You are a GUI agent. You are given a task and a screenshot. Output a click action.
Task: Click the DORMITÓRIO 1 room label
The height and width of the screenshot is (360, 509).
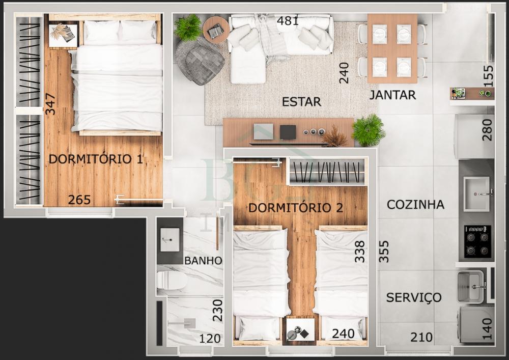click(96, 159)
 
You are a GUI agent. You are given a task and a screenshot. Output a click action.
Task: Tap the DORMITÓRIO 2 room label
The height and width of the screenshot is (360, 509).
click(295, 208)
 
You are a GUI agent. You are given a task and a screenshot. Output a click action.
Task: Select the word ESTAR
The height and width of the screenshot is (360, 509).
click(301, 102)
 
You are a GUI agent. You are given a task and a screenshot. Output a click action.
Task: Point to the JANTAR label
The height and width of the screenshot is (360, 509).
click(393, 95)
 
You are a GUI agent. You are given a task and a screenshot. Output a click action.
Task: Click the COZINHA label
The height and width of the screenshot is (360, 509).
click(415, 205)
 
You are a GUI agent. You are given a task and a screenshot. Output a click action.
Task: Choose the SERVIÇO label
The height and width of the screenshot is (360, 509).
click(414, 297)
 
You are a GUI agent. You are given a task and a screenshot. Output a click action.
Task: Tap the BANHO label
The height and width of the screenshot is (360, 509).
click(203, 260)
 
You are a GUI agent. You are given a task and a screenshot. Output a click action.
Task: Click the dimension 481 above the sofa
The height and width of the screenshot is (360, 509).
click(288, 21)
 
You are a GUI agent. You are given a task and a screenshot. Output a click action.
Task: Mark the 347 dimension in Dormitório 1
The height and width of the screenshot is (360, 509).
click(50, 104)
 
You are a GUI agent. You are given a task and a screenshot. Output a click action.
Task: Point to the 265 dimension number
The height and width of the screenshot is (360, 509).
click(79, 200)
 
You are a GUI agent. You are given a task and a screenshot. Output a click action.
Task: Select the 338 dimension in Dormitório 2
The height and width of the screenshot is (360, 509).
click(360, 251)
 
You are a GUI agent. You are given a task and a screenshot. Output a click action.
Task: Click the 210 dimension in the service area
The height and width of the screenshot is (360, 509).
click(421, 337)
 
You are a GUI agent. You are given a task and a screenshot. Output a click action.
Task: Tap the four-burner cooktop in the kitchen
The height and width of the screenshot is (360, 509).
click(477, 242)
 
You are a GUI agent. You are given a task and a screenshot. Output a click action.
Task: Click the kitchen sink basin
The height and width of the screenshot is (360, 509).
click(476, 194)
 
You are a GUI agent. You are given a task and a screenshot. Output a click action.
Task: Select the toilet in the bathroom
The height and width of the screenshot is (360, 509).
click(172, 280)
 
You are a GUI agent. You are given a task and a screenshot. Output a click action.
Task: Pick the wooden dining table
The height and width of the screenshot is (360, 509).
click(392, 49)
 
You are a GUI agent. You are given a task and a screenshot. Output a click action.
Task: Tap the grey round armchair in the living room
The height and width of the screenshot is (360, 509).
click(200, 61)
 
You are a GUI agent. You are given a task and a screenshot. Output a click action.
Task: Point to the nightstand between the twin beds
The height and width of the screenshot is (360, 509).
click(301, 329)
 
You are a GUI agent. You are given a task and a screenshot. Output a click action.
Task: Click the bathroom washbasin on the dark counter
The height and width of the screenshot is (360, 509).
click(170, 239)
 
